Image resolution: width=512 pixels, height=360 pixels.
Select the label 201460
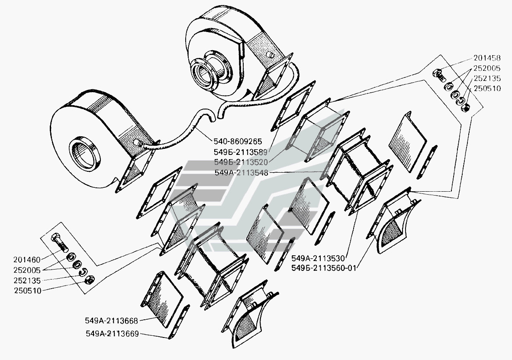[x=27, y=260]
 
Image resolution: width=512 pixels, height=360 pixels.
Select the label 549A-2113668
[x=112, y=321]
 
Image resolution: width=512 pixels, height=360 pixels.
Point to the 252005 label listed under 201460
[x=27, y=270]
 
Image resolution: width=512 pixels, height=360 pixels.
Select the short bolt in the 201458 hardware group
[x=438, y=76]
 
